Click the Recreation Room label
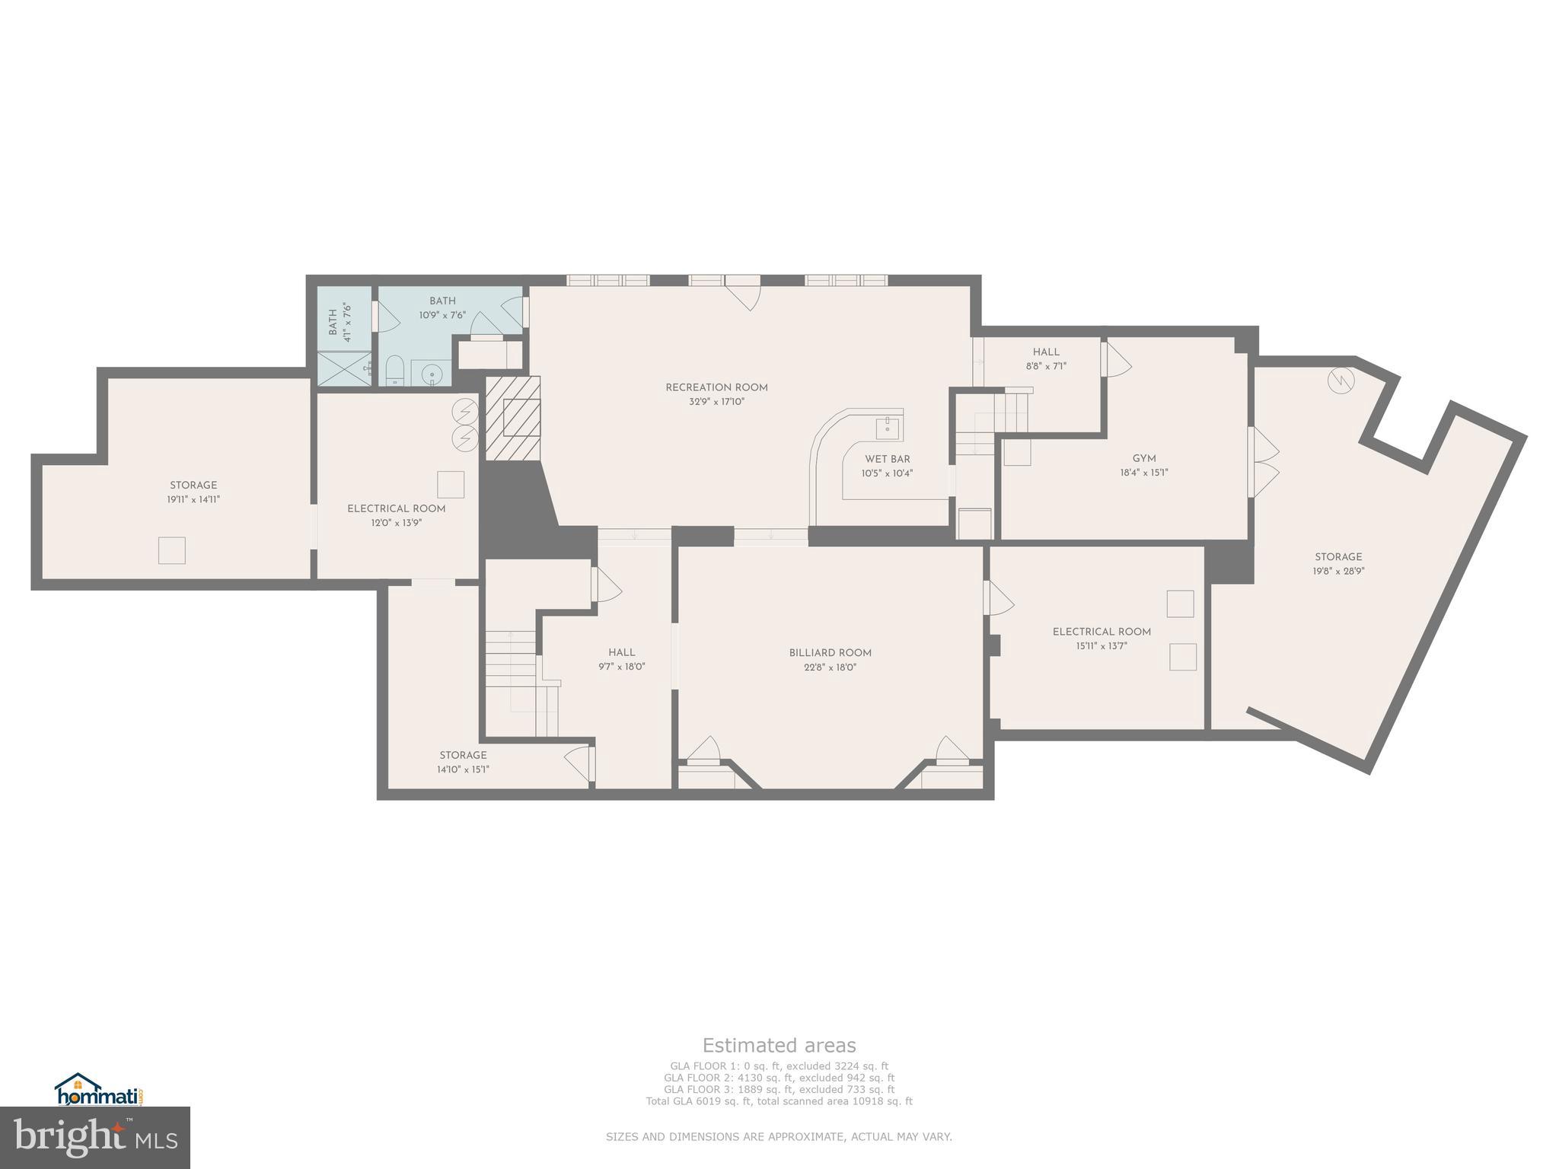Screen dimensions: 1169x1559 click(x=716, y=387)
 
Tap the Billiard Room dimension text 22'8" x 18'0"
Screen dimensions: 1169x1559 click(x=830, y=667)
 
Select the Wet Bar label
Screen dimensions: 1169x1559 click(x=887, y=459)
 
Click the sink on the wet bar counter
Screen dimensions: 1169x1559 click(x=888, y=427)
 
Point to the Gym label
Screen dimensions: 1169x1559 click(x=1143, y=458)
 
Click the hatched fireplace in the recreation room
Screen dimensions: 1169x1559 click(x=513, y=418)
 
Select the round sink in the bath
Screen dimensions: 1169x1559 click(x=432, y=374)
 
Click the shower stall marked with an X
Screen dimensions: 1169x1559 click(x=344, y=369)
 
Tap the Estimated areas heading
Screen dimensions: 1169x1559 click(x=779, y=1045)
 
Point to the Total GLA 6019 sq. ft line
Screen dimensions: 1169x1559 click(x=779, y=1101)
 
